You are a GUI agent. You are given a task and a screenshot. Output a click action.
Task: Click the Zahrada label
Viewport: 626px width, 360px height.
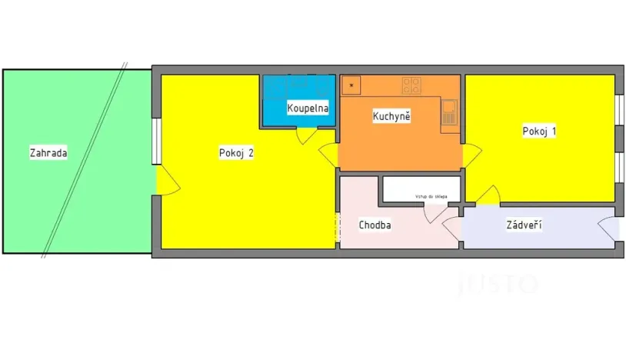(48, 152)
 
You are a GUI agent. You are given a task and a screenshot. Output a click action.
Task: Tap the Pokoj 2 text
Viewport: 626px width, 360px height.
(235, 152)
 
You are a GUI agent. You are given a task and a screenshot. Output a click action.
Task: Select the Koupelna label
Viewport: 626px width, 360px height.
(308, 108)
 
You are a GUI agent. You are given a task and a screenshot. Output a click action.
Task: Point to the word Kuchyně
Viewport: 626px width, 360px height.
(391, 116)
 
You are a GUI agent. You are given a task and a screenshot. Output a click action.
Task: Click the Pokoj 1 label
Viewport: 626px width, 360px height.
(539, 131)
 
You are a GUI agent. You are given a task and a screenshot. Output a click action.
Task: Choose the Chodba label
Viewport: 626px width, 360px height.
(375, 225)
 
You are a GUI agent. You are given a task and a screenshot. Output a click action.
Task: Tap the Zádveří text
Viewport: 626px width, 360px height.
(524, 225)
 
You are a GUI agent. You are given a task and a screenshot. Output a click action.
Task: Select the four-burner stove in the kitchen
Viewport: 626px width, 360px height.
(411, 84)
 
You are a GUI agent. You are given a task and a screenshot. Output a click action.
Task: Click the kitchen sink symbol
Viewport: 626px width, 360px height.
(450, 113)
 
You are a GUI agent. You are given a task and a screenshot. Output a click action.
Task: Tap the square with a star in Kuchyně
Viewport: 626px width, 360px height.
(351, 84)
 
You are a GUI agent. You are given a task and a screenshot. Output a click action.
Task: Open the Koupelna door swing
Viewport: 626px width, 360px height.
(305, 135)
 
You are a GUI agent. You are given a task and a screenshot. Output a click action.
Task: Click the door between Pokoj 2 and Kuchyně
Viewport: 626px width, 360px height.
(328, 156)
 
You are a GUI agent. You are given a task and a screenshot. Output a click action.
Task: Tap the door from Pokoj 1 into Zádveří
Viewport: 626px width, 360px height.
(487, 197)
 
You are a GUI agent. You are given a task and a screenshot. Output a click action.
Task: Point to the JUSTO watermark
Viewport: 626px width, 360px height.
(498, 284)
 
